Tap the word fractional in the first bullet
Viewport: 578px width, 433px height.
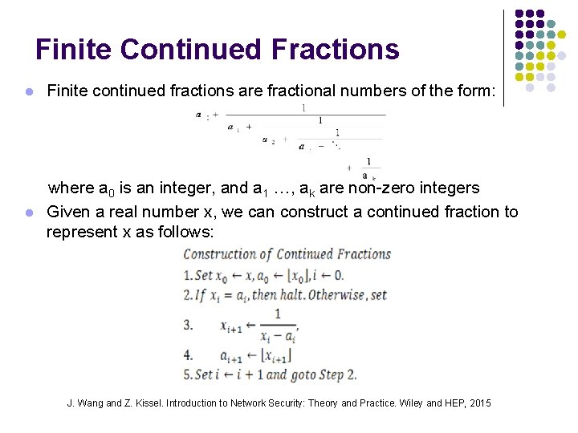277,91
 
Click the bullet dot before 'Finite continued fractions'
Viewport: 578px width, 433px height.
28,92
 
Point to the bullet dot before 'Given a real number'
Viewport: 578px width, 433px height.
28,213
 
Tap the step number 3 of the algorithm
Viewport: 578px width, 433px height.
188,326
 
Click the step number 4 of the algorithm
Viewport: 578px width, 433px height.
188,354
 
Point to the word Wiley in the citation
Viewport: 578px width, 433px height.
397,403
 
